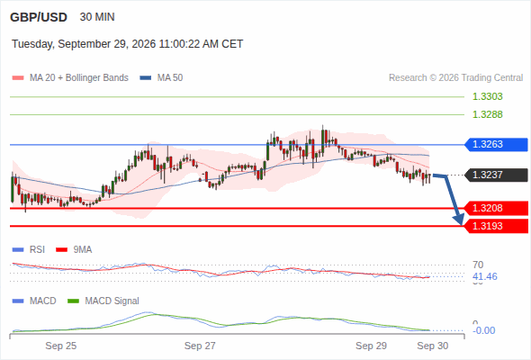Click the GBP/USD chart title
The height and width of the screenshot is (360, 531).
[39, 17]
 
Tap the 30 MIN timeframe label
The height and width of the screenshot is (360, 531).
[97, 17]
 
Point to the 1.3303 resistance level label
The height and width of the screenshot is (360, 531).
[487, 96]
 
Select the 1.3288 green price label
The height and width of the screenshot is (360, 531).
[487, 114]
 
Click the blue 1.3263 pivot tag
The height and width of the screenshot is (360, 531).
[496, 144]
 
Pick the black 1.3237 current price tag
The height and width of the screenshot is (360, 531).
[496, 175]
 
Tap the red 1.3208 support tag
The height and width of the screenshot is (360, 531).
[496, 208]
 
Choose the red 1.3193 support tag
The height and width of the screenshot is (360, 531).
[496, 226]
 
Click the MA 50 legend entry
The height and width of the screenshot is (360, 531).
[161, 78]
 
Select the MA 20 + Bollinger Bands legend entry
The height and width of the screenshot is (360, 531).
[70, 78]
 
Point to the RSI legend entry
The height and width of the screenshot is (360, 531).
[29, 249]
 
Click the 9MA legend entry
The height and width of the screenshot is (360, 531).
[74, 249]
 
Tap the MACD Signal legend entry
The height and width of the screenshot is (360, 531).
[103, 301]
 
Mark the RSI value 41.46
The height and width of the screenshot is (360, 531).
[485, 276]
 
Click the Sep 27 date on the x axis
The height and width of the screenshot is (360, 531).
[200, 346]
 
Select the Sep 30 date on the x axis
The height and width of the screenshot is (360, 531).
[433, 346]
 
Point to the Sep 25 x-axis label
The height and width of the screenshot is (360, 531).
[61, 346]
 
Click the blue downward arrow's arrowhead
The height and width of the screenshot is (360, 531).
[460, 221]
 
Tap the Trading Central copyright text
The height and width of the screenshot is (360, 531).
[455, 78]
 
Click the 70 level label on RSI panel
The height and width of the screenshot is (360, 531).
[478, 265]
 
